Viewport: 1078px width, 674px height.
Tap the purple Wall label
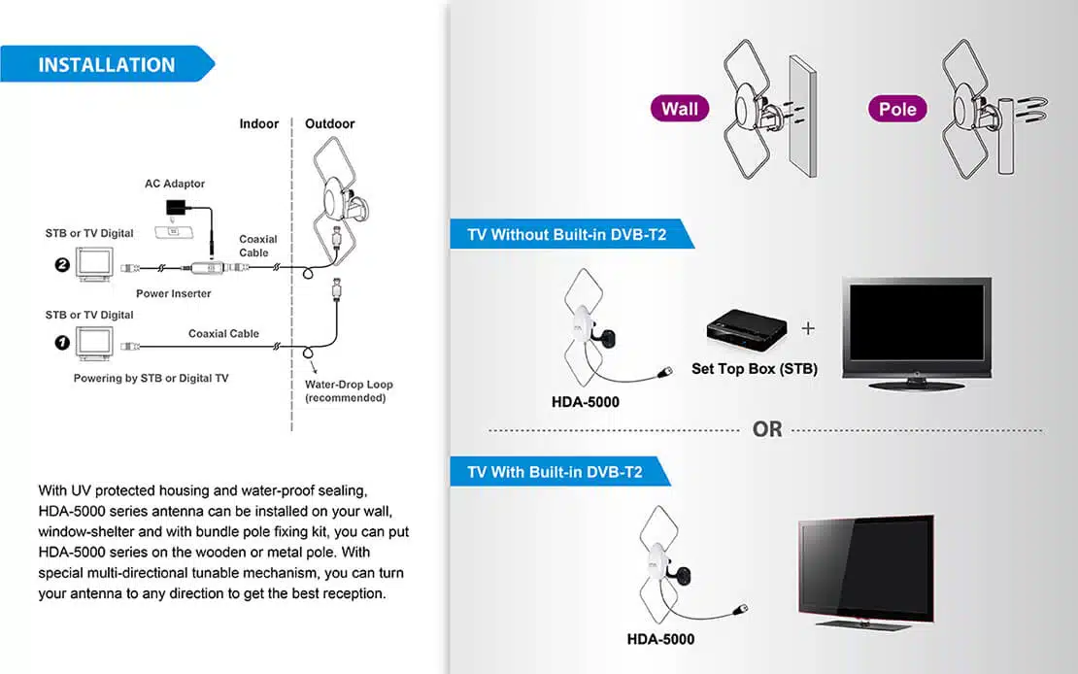coord(679,109)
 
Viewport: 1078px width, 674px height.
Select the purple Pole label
coord(896,109)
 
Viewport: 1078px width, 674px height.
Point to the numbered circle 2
coord(62,264)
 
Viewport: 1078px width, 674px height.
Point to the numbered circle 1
coord(62,343)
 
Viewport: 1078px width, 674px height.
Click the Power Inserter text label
coord(173,293)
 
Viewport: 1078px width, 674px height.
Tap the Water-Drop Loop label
coord(349,390)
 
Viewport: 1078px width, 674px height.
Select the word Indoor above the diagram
coord(259,123)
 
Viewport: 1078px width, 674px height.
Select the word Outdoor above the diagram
coord(330,123)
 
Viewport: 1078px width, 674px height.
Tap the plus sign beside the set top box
coord(808,328)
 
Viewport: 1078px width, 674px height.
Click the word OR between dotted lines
coord(766,429)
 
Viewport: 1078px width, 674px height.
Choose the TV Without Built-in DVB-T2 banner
coord(568,235)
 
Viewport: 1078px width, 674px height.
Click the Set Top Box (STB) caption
coord(754,369)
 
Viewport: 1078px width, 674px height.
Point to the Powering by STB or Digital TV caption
coord(151,378)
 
